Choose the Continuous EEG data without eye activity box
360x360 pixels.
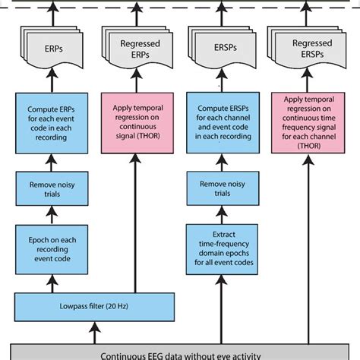point(180,352)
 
